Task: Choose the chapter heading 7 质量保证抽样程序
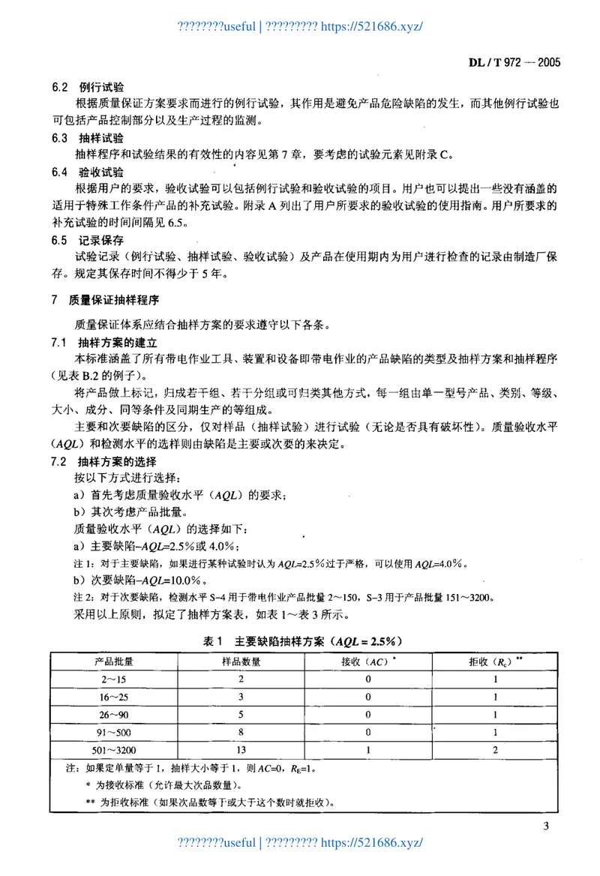pos(105,301)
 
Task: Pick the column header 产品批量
pos(114,661)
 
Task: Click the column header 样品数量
pos(241,661)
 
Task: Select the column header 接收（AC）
pos(367,661)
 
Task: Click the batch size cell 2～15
pos(114,679)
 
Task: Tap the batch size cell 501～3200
pos(114,749)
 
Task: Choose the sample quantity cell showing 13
pos(241,749)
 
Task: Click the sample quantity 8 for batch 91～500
pos(241,732)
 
